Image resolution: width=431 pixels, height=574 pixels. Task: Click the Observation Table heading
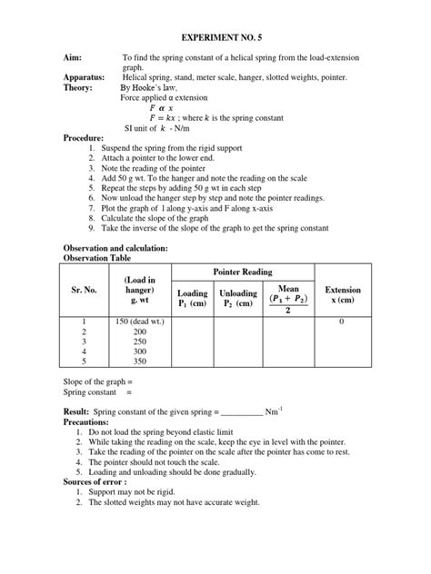[x=102, y=258]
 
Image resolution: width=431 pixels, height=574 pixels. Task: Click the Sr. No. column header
[x=83, y=290]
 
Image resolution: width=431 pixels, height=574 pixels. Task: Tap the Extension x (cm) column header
[x=342, y=295]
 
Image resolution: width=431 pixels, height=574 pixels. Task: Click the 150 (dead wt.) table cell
[x=141, y=322]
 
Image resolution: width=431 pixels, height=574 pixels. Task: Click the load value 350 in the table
[x=141, y=360]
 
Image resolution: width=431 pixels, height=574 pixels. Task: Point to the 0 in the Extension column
[x=341, y=322]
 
